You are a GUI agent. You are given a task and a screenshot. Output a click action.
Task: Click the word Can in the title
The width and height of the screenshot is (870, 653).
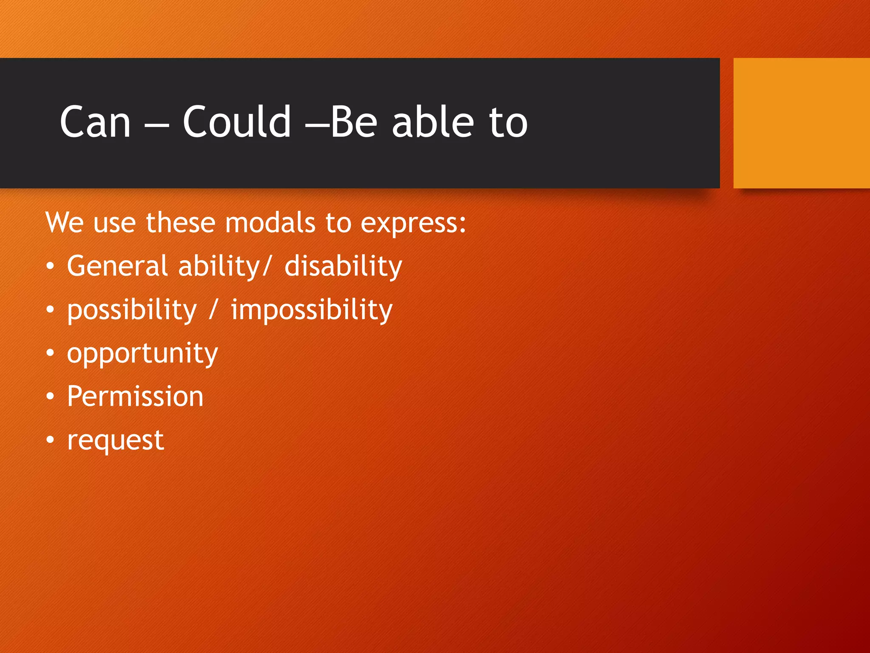click(x=95, y=122)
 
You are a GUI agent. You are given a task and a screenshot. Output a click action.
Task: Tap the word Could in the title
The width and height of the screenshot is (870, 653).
click(x=237, y=122)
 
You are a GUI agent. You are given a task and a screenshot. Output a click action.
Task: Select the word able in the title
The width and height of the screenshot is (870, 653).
click(x=432, y=122)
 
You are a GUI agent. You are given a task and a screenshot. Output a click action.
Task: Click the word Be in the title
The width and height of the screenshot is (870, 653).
click(x=354, y=122)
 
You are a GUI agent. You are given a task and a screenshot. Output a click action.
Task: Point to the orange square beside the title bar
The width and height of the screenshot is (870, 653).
click(x=801, y=123)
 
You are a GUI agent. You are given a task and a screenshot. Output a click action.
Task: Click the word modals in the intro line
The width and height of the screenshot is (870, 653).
click(x=270, y=223)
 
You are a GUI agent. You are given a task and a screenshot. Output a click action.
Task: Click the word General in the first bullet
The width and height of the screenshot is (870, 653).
click(x=117, y=266)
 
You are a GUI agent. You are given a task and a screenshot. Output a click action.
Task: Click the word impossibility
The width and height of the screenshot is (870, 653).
click(x=311, y=310)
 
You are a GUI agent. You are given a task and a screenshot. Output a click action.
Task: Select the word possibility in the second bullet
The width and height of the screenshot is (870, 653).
click(x=132, y=310)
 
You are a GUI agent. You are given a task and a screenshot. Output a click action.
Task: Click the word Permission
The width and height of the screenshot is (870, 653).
click(x=135, y=396)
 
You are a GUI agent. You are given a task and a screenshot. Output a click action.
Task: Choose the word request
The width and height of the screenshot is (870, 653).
click(x=115, y=441)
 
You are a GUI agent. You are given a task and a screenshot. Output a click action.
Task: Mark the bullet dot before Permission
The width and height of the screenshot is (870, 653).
click(x=50, y=397)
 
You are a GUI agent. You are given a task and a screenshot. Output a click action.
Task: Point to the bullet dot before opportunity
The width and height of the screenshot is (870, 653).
click(x=50, y=353)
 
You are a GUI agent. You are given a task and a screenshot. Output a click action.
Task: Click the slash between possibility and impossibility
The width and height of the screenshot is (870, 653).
click(x=213, y=309)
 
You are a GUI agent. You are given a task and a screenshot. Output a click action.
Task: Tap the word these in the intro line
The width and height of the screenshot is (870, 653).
click(x=181, y=223)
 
